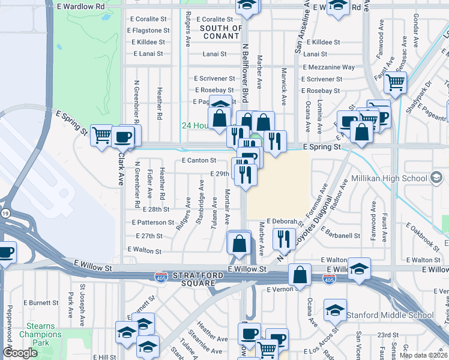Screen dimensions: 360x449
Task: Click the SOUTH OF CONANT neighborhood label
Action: (221, 32)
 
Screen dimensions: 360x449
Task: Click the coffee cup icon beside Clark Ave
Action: (123, 136)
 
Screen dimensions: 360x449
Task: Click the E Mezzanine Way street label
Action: (328, 67)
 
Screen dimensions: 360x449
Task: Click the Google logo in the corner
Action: (20, 353)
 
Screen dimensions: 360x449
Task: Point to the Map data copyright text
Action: (424, 355)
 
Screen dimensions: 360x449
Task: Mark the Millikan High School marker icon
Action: (436, 178)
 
